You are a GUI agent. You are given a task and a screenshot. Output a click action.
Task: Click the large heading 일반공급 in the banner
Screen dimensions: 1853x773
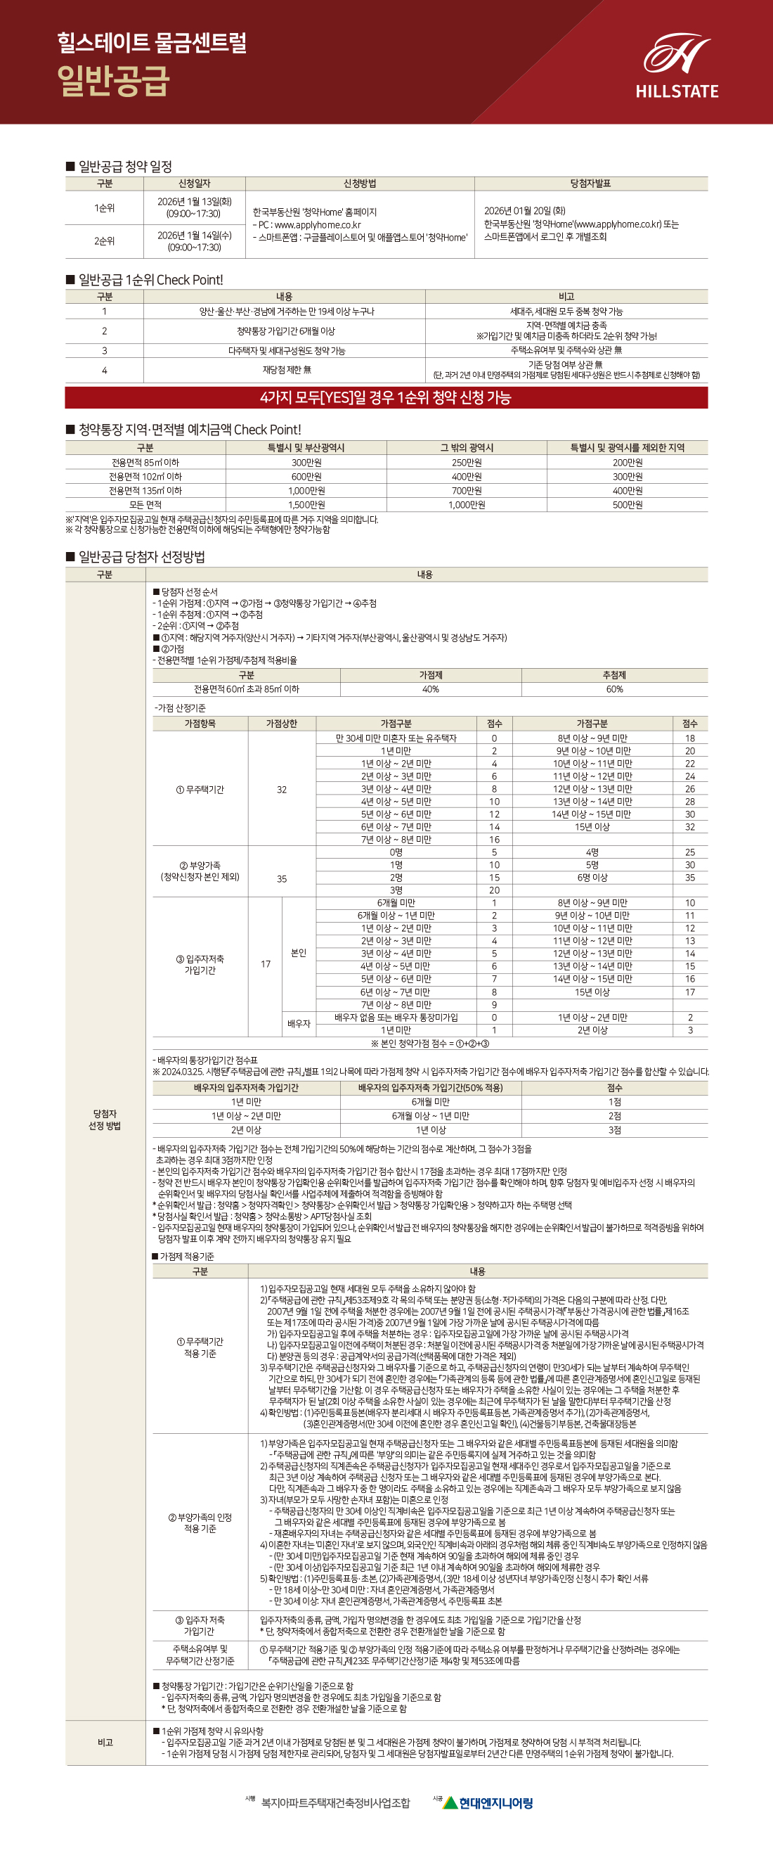pos(114,81)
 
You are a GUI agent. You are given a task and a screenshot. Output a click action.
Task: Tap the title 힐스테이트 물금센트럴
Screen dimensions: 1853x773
pos(152,42)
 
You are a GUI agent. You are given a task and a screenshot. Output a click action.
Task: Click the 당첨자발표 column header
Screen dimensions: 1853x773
pos(590,184)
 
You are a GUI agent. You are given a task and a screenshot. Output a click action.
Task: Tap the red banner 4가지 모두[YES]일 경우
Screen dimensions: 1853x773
pos(386,398)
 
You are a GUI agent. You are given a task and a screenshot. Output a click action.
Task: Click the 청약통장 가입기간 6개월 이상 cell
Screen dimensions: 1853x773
pos(285,331)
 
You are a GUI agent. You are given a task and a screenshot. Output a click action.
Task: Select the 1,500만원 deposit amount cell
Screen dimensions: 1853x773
pos(306,505)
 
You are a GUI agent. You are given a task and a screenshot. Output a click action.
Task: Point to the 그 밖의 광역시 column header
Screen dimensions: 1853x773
pos(467,447)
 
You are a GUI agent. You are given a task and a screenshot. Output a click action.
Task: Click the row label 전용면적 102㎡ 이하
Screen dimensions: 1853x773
pos(145,476)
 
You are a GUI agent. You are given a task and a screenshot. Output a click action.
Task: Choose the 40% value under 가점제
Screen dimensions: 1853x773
pos(430,689)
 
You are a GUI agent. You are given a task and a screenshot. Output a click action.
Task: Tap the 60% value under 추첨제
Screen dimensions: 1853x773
pos(614,689)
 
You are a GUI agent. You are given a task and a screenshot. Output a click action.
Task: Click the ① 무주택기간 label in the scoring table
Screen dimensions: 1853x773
pos(200,789)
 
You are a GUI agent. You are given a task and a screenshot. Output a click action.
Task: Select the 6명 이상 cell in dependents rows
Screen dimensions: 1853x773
pos(592,878)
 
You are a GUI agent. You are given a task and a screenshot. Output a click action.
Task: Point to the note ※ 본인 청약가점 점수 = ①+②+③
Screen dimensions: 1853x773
pos(430,1043)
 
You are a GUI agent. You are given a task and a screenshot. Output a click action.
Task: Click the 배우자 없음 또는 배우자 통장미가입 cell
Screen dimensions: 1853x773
pos(396,1017)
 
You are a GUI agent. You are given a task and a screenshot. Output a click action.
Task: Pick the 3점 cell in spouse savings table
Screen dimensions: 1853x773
pos(614,1130)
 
